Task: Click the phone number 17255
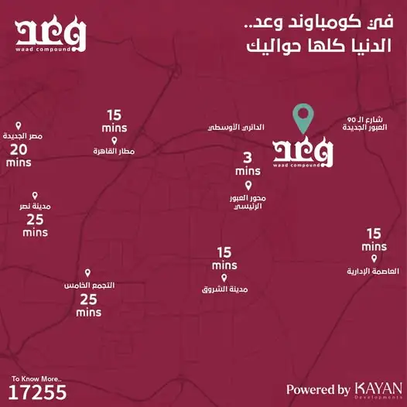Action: point(39,393)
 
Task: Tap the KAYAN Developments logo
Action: point(378,389)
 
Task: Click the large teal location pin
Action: point(304,121)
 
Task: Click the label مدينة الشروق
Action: point(224,290)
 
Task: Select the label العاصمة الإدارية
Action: point(375,272)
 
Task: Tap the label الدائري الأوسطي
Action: point(238,125)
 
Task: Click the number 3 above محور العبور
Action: point(248,157)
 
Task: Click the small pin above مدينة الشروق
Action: point(224,278)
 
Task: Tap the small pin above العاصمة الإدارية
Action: point(375,259)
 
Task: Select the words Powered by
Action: point(318,390)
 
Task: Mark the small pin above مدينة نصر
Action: point(34,197)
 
